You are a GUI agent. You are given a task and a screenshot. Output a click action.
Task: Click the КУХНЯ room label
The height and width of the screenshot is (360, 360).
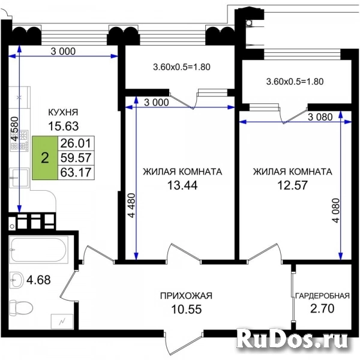point(63,112)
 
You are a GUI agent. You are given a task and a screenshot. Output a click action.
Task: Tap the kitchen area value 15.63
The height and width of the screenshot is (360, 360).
point(63,126)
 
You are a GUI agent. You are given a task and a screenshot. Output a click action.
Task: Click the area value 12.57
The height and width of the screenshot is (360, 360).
point(292,185)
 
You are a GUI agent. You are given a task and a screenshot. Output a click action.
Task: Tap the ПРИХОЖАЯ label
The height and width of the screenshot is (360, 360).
point(186,296)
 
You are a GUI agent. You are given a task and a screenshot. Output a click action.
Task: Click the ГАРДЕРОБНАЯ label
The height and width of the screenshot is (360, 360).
point(322,296)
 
